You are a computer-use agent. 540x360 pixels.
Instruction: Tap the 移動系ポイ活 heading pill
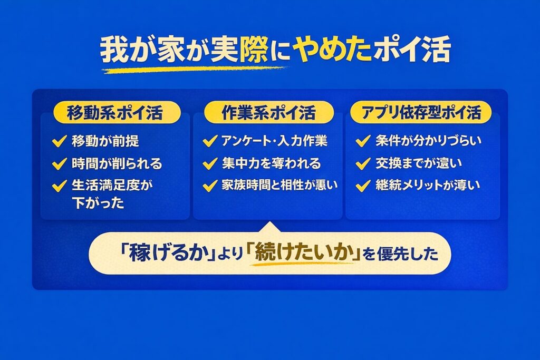117,113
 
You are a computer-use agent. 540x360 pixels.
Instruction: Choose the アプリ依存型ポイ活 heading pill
420,113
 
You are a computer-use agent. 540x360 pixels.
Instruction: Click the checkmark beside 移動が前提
59,141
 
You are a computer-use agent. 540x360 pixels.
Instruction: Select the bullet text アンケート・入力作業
275,141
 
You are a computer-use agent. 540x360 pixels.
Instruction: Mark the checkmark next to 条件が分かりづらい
363,141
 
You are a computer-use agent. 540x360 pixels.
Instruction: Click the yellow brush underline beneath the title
195,69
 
